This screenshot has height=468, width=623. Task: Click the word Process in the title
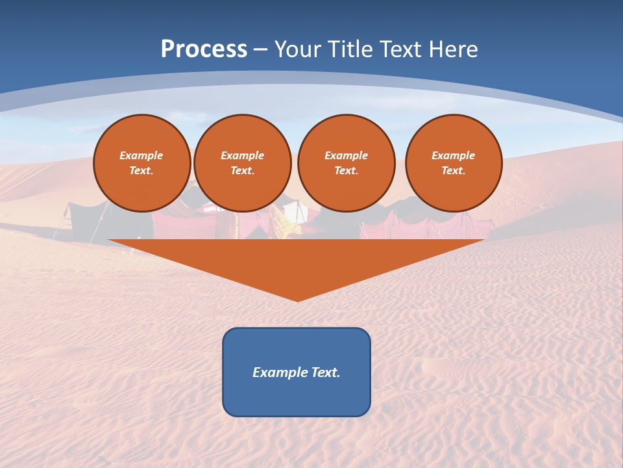(204, 49)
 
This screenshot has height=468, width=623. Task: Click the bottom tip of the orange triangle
(297, 299)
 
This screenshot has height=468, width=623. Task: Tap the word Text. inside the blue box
(325, 372)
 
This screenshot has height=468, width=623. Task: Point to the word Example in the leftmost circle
(141, 155)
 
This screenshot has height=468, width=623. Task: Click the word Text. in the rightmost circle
(454, 170)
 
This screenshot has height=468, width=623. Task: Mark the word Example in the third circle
(347, 155)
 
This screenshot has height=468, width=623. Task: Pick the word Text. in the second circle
(243, 170)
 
